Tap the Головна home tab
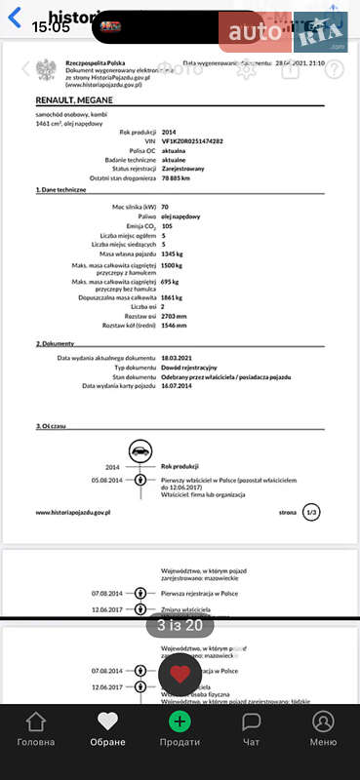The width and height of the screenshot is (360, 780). [x=36, y=730]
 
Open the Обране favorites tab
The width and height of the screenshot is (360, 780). [x=107, y=730]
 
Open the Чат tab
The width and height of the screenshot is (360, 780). [x=251, y=730]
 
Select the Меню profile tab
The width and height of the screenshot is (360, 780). [x=323, y=730]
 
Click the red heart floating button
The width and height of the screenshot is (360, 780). [x=180, y=674]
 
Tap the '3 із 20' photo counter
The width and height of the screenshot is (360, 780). [x=180, y=626]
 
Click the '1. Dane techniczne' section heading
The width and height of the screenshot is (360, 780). [x=61, y=190]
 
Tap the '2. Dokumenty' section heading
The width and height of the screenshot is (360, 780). [x=57, y=344]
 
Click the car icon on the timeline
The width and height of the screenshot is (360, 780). [x=140, y=451]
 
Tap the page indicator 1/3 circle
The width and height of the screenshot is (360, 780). [x=311, y=511]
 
